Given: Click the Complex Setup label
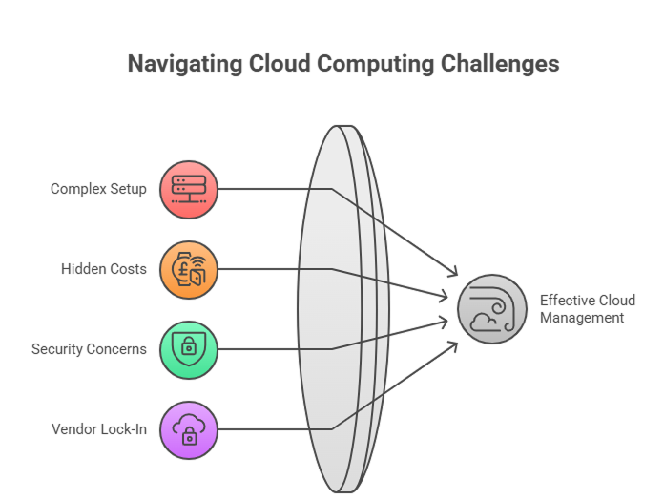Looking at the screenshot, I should click(98, 189).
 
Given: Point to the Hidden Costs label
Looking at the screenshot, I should click(104, 269).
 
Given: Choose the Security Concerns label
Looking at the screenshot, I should click(89, 349).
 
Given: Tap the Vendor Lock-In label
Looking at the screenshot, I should click(99, 429).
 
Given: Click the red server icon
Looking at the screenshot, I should click(189, 189).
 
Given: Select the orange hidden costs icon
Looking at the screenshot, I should click(189, 269).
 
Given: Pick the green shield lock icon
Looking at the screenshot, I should click(189, 349).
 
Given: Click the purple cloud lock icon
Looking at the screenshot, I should click(189, 429).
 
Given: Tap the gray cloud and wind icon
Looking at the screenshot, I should click(492, 309).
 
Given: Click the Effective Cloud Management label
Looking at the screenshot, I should click(586, 308).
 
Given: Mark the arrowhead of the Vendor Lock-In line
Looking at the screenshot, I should click(453, 341).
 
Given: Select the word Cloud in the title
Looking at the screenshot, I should click(280, 64).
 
